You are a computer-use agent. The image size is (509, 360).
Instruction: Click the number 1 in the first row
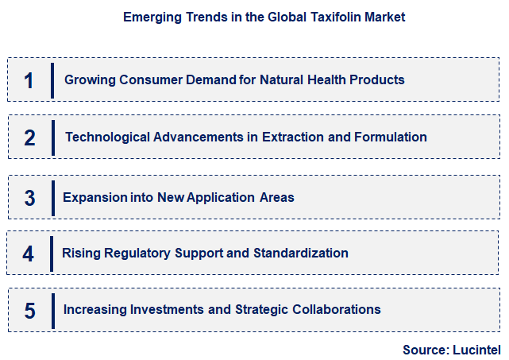point(29,80)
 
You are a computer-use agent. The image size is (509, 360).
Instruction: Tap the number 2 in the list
point(29,137)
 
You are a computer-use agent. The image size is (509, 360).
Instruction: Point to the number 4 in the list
point(29,254)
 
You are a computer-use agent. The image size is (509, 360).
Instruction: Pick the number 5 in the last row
point(29,310)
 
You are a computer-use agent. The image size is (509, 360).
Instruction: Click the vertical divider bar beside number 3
point(52,197)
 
